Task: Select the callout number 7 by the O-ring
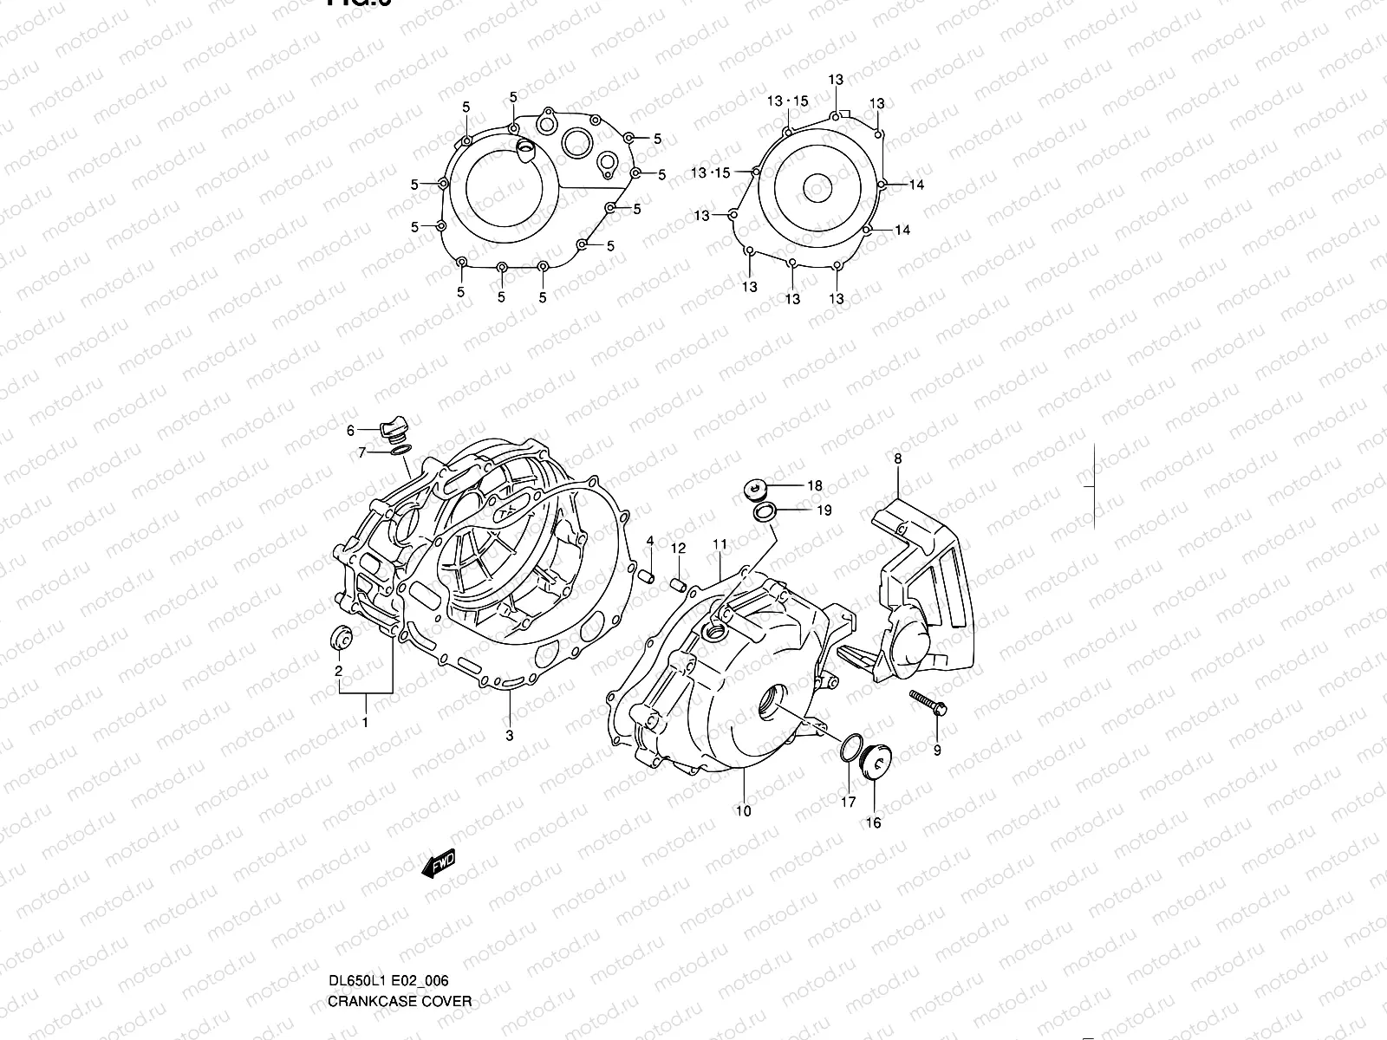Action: click(363, 452)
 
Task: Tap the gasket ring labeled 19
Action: click(763, 514)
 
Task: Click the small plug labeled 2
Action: click(339, 640)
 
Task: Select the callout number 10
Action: click(743, 811)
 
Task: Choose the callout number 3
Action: click(509, 735)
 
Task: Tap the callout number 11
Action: click(720, 544)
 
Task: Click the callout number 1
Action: click(365, 722)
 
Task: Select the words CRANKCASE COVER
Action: click(400, 1001)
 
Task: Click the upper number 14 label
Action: click(916, 185)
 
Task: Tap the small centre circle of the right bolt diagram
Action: click(817, 186)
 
